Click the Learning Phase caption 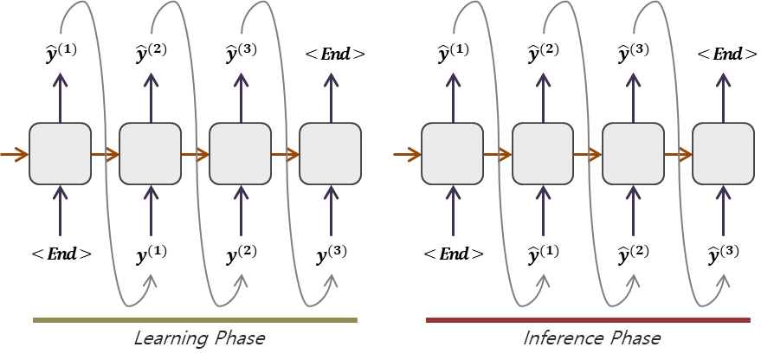point(199,337)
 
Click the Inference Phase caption point(591,337)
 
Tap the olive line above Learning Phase point(195,320)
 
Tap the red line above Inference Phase point(588,320)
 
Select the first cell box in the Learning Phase point(60,154)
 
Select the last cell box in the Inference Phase point(723,154)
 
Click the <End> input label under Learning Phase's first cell point(61,254)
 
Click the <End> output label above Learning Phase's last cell point(335,55)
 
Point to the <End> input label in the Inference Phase point(453,254)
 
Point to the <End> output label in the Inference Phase point(727,55)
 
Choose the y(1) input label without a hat point(152,254)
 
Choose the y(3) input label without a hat point(332,254)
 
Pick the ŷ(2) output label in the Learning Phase point(152,54)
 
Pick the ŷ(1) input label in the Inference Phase point(544,254)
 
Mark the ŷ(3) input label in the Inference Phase point(724,254)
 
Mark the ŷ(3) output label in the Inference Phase point(634,54)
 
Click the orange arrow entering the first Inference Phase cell point(406,155)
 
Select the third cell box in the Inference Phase point(633,154)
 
